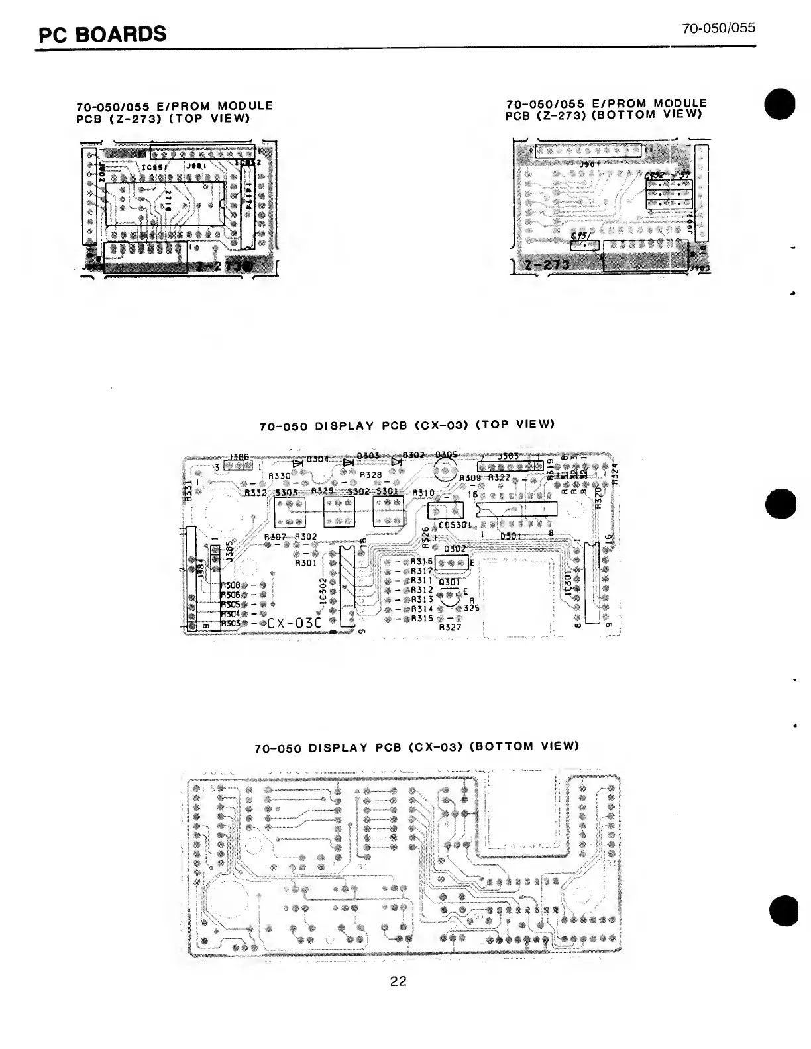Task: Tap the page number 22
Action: pyautogui.click(x=398, y=981)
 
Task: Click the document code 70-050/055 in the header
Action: pyautogui.click(x=719, y=28)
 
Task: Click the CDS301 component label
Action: pyautogui.click(x=455, y=525)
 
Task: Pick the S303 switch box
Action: pyautogui.click(x=290, y=511)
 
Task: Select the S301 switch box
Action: pyautogui.click(x=388, y=511)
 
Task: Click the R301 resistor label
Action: pyautogui.click(x=305, y=564)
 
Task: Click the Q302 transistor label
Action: pyautogui.click(x=455, y=549)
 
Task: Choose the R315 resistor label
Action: pyautogui.click(x=422, y=618)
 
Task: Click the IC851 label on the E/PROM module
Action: pyautogui.click(x=156, y=167)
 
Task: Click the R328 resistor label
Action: pyautogui.click(x=370, y=475)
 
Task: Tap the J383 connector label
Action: pyautogui.click(x=508, y=456)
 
